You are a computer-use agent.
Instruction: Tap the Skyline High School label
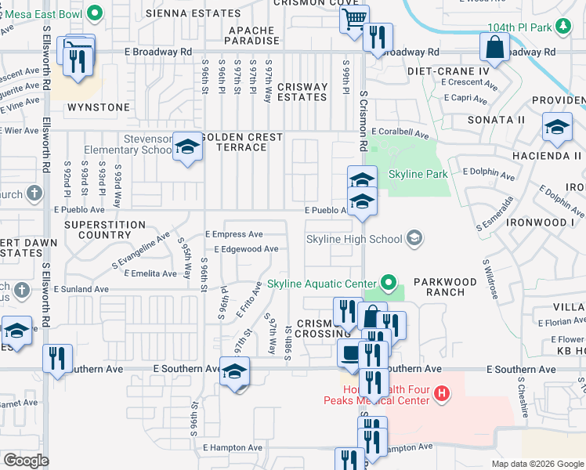click(x=354, y=238)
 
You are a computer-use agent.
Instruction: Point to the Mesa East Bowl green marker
click(x=96, y=13)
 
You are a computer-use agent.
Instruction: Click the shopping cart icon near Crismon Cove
click(x=355, y=18)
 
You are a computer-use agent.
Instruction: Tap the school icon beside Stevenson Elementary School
click(x=187, y=146)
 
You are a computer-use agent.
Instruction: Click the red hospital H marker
click(x=442, y=393)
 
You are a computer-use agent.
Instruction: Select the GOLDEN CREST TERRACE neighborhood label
click(x=243, y=143)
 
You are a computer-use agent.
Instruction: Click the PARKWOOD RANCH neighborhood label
click(x=445, y=287)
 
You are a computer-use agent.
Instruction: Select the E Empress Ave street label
click(x=233, y=234)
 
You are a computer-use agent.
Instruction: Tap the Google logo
click(x=26, y=461)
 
